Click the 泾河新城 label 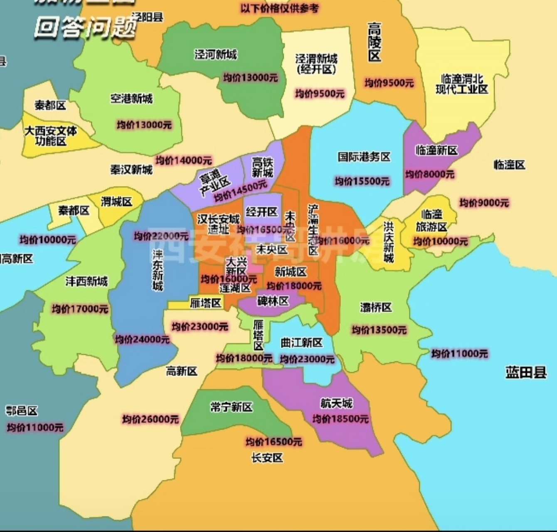215,54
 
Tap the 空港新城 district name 131,99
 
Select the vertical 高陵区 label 374,42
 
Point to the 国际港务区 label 364,157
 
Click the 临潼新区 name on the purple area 436,150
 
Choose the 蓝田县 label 526,372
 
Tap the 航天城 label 336,403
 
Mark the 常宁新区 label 231,407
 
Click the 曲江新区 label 301,342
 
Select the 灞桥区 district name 376,307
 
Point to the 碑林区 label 273,301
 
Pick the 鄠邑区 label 22,411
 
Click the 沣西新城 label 86,281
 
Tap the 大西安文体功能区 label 50,136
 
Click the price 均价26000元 150,419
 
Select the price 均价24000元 142,340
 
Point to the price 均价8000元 430,174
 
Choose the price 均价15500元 362,181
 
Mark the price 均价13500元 379,330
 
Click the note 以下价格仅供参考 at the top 279,8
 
